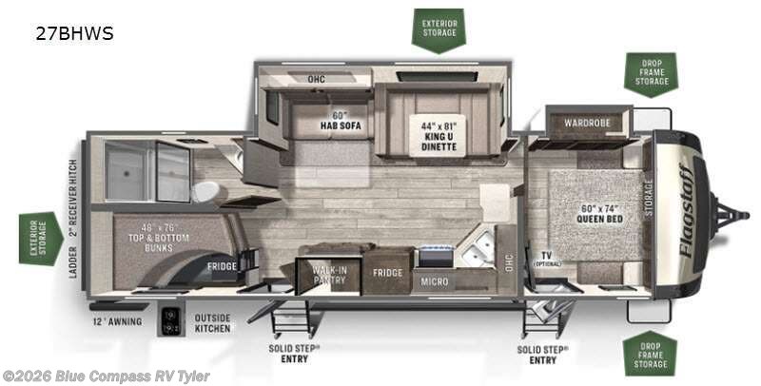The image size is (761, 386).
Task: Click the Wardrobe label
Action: (587, 122)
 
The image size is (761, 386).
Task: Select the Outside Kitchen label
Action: (212, 323)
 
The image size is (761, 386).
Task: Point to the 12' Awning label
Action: (118, 321)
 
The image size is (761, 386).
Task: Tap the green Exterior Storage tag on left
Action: (39, 239)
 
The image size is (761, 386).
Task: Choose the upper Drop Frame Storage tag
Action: (651, 73)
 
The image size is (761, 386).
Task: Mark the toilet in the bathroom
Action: (206, 191)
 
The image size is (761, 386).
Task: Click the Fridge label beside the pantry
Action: (386, 273)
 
